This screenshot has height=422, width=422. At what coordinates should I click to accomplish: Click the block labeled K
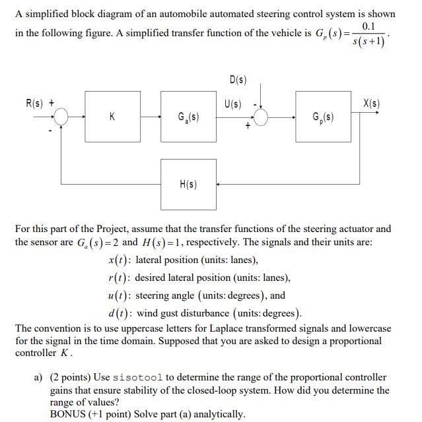112,117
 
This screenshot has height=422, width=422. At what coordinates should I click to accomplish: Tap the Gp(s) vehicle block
323,117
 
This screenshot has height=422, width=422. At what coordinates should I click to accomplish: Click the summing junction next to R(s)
61,117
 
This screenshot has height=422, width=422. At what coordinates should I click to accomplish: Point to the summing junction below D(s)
262,117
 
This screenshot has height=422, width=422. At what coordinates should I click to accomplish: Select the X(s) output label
372,103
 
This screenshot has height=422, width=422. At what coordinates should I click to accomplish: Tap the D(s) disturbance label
238,80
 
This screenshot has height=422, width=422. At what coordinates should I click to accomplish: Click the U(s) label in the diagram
232,103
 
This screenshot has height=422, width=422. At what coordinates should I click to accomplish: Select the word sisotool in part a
140,377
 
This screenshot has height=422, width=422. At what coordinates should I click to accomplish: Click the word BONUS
69,414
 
